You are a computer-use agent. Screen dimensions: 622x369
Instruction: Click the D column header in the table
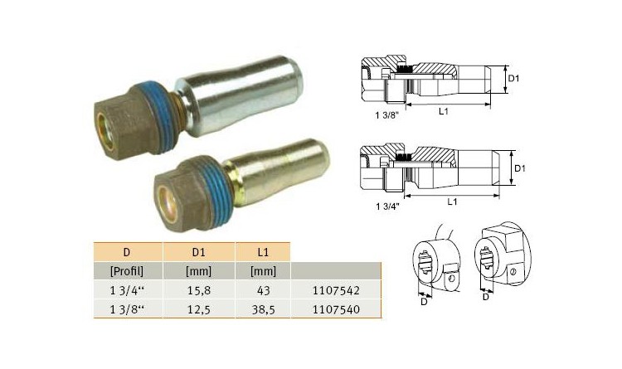(127, 252)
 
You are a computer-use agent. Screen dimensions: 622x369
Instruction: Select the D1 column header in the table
(198, 252)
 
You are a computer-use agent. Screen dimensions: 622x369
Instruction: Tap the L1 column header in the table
(263, 252)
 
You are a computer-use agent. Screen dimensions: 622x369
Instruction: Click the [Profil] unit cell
(127, 271)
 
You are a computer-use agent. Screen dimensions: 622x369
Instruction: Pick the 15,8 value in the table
(199, 290)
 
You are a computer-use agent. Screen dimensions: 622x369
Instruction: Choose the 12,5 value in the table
(199, 309)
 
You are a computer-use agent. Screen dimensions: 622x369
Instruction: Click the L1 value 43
(263, 290)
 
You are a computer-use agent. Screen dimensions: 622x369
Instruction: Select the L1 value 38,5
(264, 309)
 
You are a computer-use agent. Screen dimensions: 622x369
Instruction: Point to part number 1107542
(336, 290)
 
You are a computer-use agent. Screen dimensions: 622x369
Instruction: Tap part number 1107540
(336, 309)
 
